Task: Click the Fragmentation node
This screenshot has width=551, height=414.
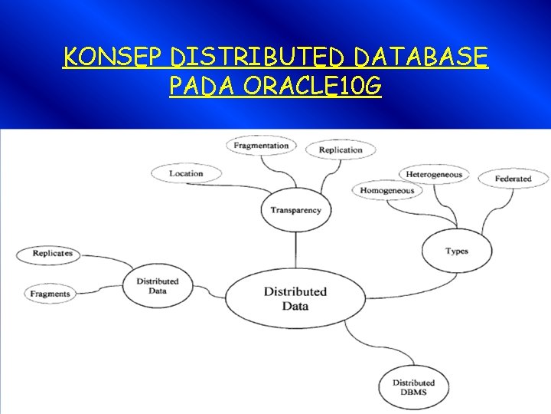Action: [x=261, y=145]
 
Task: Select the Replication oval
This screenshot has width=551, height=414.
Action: [x=340, y=149]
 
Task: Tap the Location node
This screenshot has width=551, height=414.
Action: [x=186, y=173]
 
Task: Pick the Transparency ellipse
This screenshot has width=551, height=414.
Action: [x=295, y=210]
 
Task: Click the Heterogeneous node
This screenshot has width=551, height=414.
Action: [x=434, y=174]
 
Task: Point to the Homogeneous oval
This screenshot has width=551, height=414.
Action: [x=386, y=191]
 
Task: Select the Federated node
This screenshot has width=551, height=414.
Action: [x=513, y=179]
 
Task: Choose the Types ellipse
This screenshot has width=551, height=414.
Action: [x=457, y=251]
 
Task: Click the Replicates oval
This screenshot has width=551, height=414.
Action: [x=53, y=253]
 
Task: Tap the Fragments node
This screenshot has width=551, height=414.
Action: [x=51, y=294]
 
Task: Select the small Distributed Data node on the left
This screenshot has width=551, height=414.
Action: [x=157, y=286]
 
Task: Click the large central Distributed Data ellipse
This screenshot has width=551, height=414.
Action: [x=295, y=298]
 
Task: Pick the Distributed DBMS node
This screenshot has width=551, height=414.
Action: [x=413, y=387]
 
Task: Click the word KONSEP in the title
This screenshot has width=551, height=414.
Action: [x=115, y=58]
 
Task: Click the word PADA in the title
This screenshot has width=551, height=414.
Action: [x=201, y=87]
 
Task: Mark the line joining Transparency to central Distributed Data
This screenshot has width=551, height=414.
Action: [x=295, y=250]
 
